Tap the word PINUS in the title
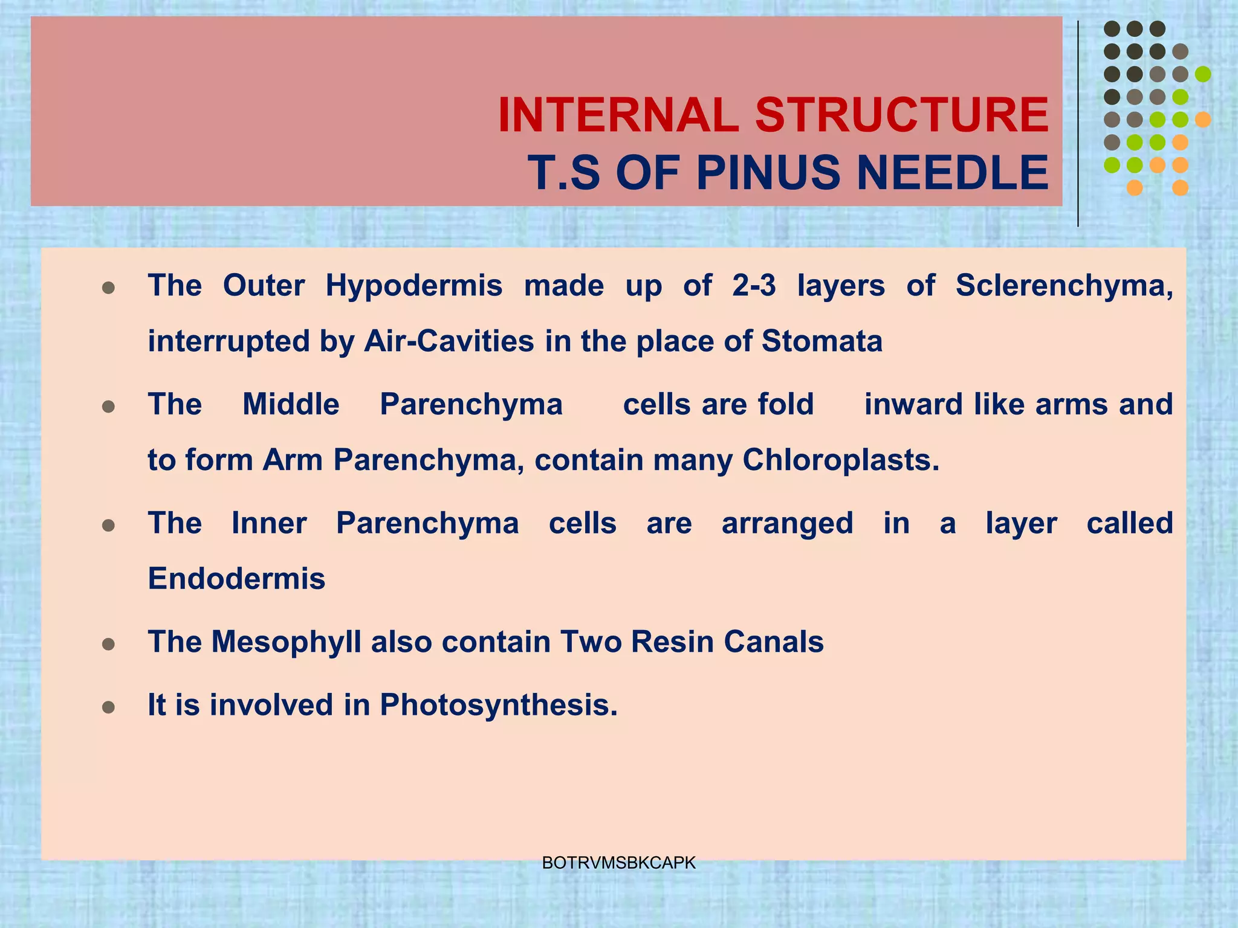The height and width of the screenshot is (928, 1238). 769,173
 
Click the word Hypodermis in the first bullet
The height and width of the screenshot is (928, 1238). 413,285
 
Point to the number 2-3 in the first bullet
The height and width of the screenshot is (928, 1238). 753,285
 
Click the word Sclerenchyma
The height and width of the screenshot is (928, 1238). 1064,285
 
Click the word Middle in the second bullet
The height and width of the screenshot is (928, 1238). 291,404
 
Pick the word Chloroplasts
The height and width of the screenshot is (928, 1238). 840,460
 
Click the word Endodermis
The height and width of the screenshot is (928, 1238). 236,579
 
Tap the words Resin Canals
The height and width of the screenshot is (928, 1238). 727,642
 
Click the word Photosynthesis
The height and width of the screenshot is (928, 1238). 498,704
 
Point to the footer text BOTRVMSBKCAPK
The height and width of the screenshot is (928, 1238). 618,863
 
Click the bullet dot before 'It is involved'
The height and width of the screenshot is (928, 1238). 109,707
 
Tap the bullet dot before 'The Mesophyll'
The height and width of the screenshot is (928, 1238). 109,645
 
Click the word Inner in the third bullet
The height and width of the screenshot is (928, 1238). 269,523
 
